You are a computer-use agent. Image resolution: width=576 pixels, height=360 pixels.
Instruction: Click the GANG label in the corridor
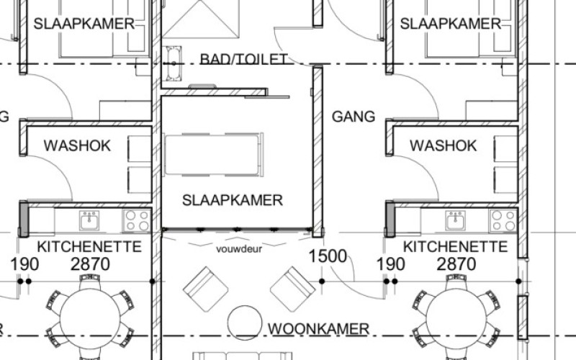click(x=354, y=117)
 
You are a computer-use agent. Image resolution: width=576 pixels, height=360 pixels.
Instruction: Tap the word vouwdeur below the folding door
click(x=239, y=249)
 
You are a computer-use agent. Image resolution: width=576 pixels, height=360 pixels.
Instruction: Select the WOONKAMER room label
click(x=318, y=329)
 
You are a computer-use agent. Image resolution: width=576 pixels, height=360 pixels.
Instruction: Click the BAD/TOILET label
click(x=243, y=59)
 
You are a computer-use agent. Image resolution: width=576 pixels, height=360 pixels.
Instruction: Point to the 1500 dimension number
click(x=328, y=256)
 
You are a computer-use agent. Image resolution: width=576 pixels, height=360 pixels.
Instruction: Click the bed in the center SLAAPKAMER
click(x=214, y=155)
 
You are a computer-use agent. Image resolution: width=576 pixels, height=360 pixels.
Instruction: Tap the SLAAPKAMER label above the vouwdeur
click(x=233, y=200)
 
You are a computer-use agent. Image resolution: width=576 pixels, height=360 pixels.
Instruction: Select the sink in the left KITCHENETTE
click(x=89, y=220)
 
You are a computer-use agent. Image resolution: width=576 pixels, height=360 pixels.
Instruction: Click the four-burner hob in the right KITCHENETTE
click(x=503, y=220)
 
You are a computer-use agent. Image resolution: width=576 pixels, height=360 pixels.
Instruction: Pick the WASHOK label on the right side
click(x=444, y=145)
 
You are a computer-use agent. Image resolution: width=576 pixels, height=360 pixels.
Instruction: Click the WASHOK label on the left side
click(x=77, y=145)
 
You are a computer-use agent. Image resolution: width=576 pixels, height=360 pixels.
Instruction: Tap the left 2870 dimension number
click(x=90, y=264)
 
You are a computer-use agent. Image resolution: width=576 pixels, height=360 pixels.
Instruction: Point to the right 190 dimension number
click(x=391, y=264)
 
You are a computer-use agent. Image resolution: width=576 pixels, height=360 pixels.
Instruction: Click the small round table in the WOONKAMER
click(x=245, y=323)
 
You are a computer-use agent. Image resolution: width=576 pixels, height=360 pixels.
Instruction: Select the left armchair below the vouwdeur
click(x=206, y=289)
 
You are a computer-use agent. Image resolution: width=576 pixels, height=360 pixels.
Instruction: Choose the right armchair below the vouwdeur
click(x=293, y=289)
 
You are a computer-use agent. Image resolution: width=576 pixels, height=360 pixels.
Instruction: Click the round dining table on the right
click(x=456, y=318)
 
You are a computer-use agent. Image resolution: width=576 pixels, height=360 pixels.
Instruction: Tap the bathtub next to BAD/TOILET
click(x=174, y=63)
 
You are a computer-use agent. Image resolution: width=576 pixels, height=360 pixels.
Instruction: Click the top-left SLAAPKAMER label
click(x=84, y=24)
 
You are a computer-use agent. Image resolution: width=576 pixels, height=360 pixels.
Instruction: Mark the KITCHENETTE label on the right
click(x=455, y=246)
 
